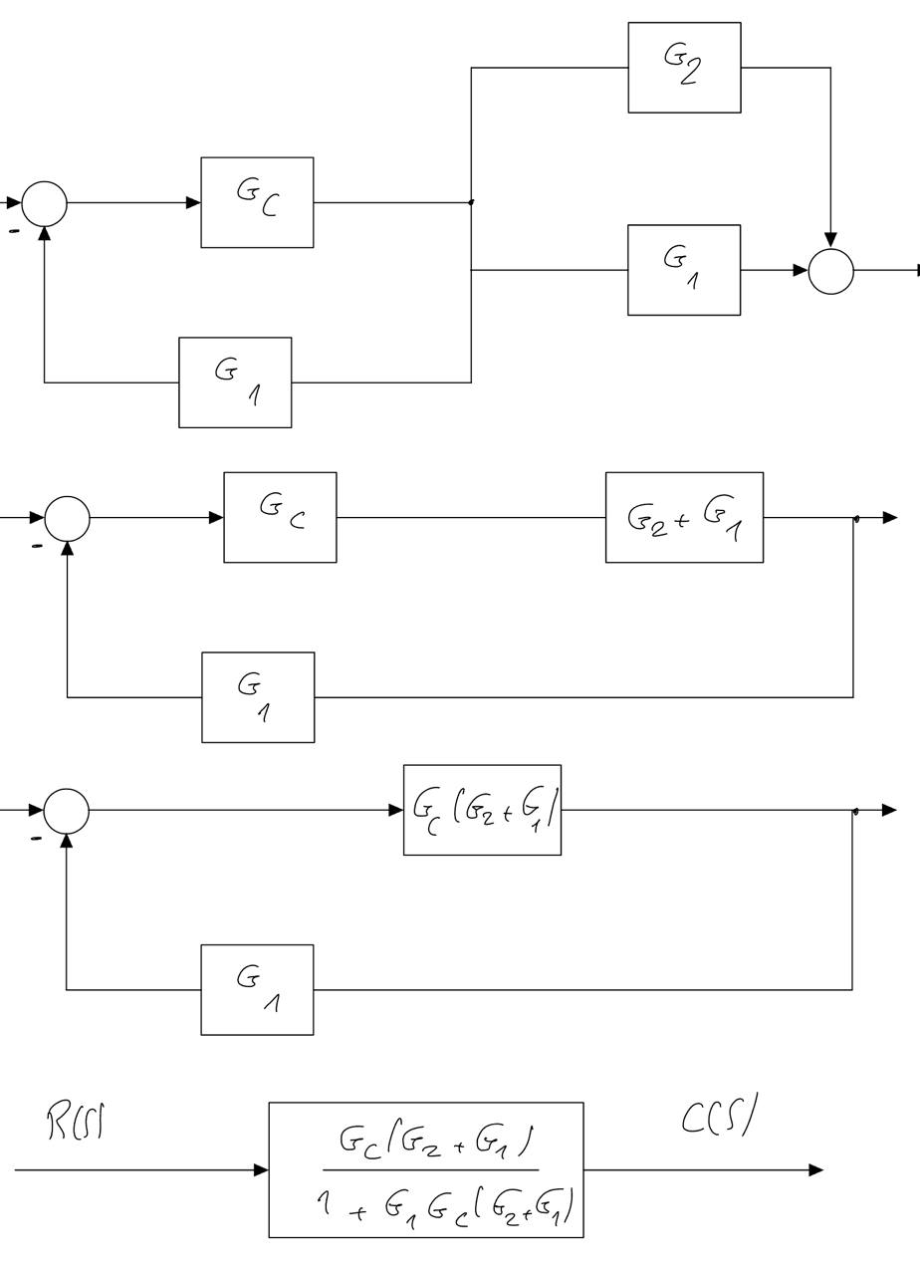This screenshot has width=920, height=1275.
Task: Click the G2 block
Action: [684, 68]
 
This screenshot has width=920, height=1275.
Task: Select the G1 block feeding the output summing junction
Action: [684, 270]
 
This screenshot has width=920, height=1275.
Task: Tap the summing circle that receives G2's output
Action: [830, 271]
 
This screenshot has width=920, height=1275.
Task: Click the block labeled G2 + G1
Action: [684, 517]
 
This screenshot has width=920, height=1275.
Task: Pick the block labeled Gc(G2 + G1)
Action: [482, 810]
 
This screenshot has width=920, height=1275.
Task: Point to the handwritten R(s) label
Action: [78, 1123]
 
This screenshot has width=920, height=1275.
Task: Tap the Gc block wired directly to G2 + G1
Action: [280, 517]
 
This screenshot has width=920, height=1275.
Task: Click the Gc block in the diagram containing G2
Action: [257, 202]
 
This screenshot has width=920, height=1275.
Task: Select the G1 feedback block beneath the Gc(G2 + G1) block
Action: [257, 989]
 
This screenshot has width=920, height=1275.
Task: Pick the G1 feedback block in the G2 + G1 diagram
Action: [258, 697]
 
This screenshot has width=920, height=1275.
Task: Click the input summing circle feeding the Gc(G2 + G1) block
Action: [67, 811]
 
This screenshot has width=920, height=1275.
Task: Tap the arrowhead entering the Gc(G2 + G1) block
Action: [395, 810]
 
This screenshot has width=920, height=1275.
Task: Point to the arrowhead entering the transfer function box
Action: [261, 1169]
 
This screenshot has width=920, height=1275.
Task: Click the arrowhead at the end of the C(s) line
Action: [816, 1169]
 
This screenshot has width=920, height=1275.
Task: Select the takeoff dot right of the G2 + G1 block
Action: [855, 518]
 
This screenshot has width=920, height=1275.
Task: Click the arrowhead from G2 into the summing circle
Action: [830, 240]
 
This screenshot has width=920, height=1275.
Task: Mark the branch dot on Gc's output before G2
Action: [471, 202]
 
